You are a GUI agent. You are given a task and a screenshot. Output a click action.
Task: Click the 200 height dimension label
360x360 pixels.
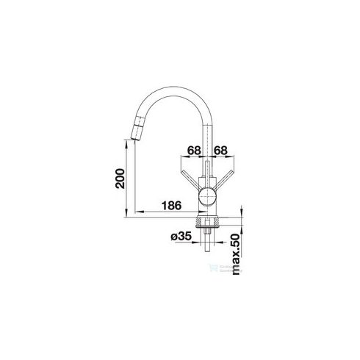click(120, 179)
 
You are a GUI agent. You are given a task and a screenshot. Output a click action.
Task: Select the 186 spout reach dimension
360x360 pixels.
click(172, 206)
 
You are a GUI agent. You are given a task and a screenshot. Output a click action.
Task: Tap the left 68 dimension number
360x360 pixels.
click(194, 151)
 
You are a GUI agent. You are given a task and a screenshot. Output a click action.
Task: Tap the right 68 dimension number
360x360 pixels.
click(220, 151)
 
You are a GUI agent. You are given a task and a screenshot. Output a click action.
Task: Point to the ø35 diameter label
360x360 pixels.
click(181, 237)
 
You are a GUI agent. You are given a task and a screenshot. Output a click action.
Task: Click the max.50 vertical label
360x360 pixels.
click(236, 254)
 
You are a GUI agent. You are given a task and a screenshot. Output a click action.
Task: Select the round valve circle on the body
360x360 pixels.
click(207, 196)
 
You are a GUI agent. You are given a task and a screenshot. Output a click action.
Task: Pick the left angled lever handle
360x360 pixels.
click(191, 180)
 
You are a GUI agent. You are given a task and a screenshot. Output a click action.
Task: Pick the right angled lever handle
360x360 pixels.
click(224, 180)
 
